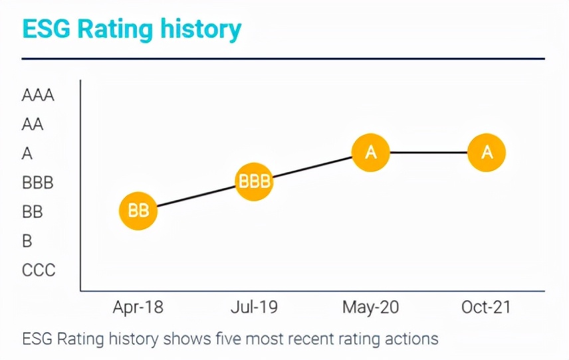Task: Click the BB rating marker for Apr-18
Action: point(138,211)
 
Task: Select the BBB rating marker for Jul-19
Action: point(255,182)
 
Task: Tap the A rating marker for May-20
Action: point(371,153)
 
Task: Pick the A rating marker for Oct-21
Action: point(487,153)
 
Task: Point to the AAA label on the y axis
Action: point(38,95)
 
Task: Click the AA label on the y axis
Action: point(33,124)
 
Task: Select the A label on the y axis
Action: point(27,153)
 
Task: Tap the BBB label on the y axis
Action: point(37,183)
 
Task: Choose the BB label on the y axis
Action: point(32,212)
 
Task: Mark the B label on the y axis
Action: point(27,241)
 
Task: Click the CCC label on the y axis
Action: point(39,270)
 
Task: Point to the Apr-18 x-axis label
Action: point(138,308)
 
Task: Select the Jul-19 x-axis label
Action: point(255,308)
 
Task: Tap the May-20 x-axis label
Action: point(371,308)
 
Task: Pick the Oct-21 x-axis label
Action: point(487,308)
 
